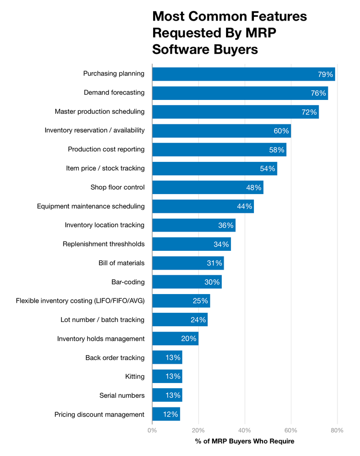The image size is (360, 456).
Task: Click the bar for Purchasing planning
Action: click(x=243, y=74)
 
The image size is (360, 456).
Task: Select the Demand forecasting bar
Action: click(x=240, y=93)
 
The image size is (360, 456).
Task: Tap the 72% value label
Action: click(x=309, y=112)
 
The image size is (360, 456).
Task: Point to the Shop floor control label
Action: click(x=118, y=187)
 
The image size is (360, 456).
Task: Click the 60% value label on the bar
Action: click(x=281, y=131)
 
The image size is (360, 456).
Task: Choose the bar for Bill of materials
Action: click(x=188, y=263)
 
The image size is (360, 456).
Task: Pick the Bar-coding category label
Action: click(x=128, y=282)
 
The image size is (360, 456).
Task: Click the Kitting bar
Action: click(x=167, y=377)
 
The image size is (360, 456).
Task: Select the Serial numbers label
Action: click(x=122, y=395)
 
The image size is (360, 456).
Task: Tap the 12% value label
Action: click(x=170, y=414)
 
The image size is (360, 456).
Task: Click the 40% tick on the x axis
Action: click(x=245, y=431)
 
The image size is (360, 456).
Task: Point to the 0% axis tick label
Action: click(x=152, y=431)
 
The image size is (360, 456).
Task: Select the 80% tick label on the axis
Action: click(x=337, y=431)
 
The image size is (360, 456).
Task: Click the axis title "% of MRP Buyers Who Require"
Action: click(x=245, y=441)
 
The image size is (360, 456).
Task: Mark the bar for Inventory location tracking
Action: click(x=193, y=225)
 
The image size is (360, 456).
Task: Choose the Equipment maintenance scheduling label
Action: click(x=91, y=206)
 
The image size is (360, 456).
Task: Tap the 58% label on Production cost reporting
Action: click(x=276, y=150)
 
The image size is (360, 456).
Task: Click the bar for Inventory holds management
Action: click(x=175, y=339)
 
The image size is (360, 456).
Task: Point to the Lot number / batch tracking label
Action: click(x=102, y=320)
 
